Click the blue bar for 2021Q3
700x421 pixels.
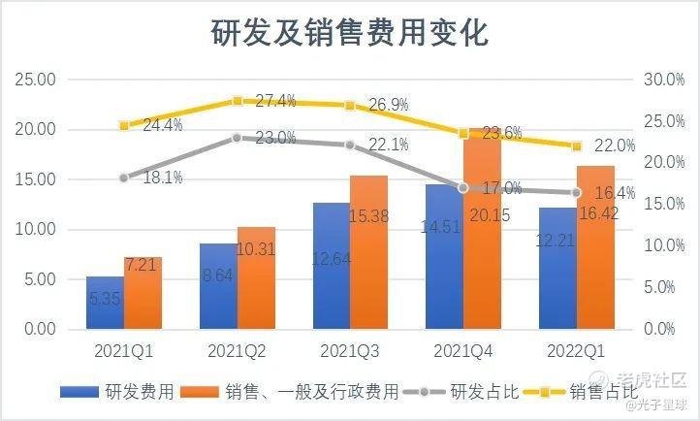click(x=331, y=266)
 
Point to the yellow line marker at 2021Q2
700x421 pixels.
click(x=237, y=101)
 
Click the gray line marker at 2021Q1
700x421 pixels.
click(x=123, y=178)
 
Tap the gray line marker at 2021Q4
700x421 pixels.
click(x=463, y=187)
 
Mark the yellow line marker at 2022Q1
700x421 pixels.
click(x=576, y=146)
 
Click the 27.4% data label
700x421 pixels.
click(x=275, y=101)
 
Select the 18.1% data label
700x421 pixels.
click(x=163, y=177)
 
